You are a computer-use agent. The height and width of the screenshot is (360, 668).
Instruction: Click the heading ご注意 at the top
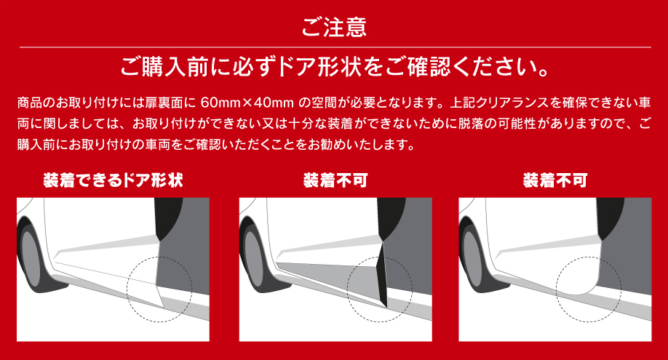coord(334,27)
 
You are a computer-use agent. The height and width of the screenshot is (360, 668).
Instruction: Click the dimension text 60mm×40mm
coord(247,103)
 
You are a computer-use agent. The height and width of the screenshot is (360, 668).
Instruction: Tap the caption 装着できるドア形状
coord(113,180)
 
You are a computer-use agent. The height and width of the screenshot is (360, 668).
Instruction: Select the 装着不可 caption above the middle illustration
coord(335,180)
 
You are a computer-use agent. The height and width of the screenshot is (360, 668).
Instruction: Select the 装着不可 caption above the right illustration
coord(555,180)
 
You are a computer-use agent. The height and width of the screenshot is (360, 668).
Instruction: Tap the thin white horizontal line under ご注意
coord(335,47)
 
